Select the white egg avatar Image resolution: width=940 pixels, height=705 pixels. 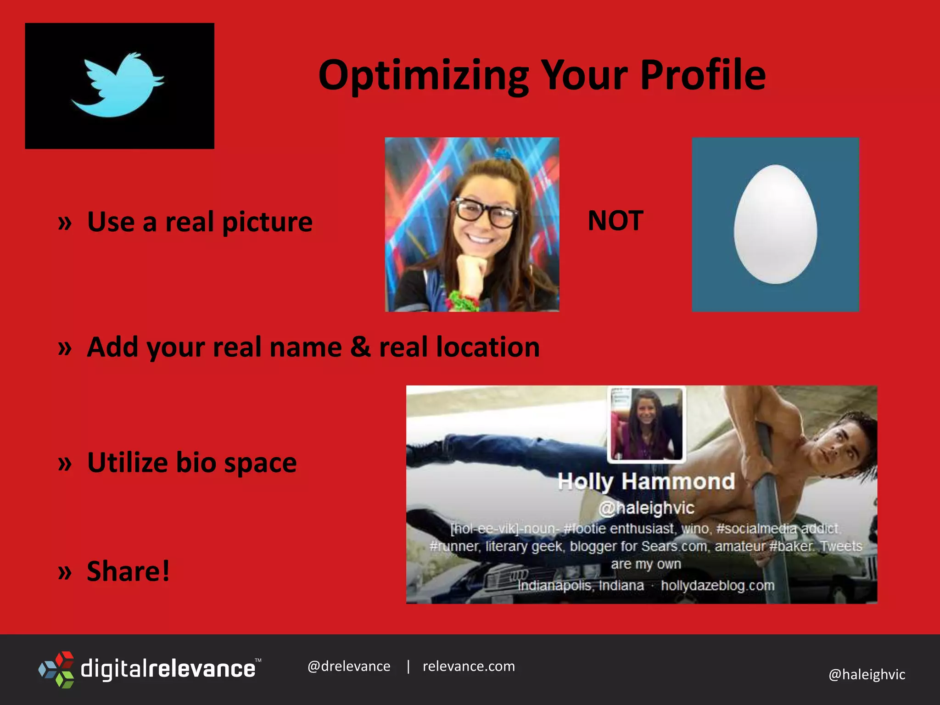775,224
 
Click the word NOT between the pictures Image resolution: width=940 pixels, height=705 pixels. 615,221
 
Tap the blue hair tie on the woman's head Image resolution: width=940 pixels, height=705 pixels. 503,154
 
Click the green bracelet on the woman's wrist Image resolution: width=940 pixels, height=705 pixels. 461,301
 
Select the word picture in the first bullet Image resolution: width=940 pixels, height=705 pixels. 267,222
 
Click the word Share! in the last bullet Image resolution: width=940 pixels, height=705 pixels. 128,571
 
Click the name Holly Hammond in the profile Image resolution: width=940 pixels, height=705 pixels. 646,482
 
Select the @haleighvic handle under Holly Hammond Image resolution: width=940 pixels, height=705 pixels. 646,508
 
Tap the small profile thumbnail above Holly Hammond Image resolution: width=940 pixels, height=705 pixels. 646,424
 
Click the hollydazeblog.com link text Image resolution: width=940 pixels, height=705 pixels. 717,586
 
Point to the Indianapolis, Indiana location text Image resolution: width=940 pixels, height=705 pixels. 581,586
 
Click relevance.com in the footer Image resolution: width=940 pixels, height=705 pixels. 469,666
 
